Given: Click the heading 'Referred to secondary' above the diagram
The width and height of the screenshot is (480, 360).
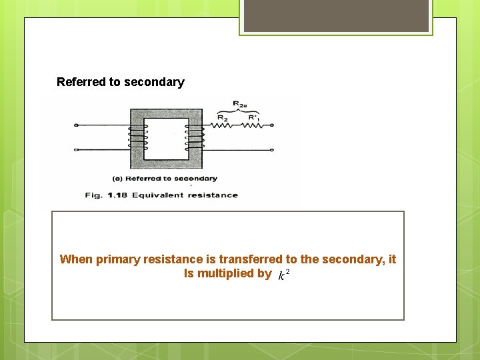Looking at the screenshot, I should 120,82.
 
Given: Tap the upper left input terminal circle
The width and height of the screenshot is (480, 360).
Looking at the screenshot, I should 76,125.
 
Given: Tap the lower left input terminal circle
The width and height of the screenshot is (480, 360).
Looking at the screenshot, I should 76,150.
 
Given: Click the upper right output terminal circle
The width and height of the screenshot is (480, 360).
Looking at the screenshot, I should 273,125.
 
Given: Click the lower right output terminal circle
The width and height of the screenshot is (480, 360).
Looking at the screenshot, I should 273,150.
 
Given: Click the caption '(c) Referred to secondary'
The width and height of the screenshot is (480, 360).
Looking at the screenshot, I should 165,179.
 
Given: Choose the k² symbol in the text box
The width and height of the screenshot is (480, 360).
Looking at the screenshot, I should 283,275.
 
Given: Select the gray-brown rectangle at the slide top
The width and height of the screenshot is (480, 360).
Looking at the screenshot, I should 336,15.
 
